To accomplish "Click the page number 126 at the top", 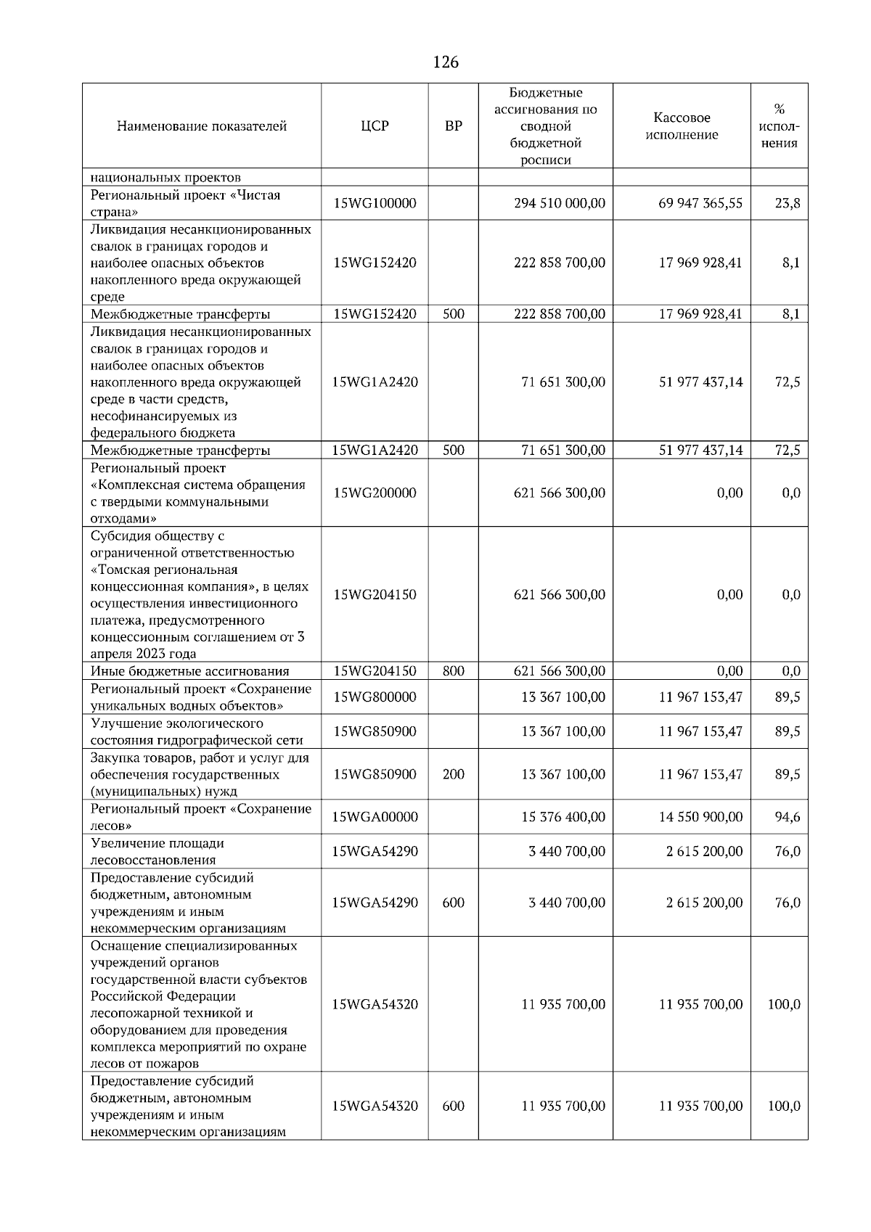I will pyautogui.click(x=445, y=62).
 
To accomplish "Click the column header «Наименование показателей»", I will pyautogui.click(x=201, y=126).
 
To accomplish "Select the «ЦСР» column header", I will pyautogui.click(x=375, y=126).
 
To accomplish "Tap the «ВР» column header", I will pyautogui.click(x=453, y=126).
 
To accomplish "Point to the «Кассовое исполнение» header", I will pyautogui.click(x=682, y=126).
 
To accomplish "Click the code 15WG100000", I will pyautogui.click(x=375, y=204).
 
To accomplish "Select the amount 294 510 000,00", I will pyautogui.click(x=559, y=204).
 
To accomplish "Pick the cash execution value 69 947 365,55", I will pyautogui.click(x=700, y=204).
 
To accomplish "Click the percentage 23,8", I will pyautogui.click(x=787, y=204).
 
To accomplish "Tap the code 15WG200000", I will pyautogui.click(x=375, y=493).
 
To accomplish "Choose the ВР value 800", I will pyautogui.click(x=453, y=671).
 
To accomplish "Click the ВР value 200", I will pyautogui.click(x=453, y=775).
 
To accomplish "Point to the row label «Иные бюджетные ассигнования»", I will pyautogui.click(x=189, y=671).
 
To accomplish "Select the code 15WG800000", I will pyautogui.click(x=375, y=697).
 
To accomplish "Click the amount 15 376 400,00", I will pyautogui.click(x=563, y=817).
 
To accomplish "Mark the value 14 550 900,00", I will pyautogui.click(x=700, y=817).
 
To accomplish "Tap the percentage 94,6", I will pyautogui.click(x=787, y=817).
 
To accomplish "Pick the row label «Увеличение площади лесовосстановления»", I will pyautogui.click(x=158, y=851).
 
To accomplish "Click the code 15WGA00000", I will pyautogui.click(x=375, y=817).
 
